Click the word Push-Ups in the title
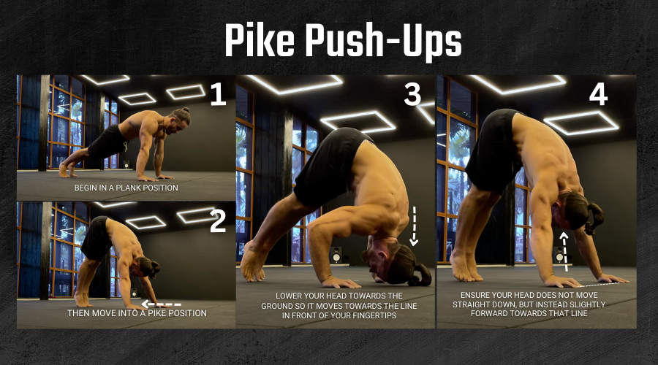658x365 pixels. (383, 42)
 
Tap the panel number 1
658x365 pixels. (218, 94)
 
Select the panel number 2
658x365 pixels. (218, 221)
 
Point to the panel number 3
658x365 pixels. (412, 94)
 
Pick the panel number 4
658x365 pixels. (598, 94)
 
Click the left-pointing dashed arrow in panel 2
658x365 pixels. (162, 304)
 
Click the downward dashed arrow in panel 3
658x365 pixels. (415, 226)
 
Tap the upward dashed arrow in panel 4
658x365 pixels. (564, 252)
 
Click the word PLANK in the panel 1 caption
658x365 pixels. (129, 188)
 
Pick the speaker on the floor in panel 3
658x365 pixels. (336, 255)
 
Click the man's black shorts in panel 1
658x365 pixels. (107, 142)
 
